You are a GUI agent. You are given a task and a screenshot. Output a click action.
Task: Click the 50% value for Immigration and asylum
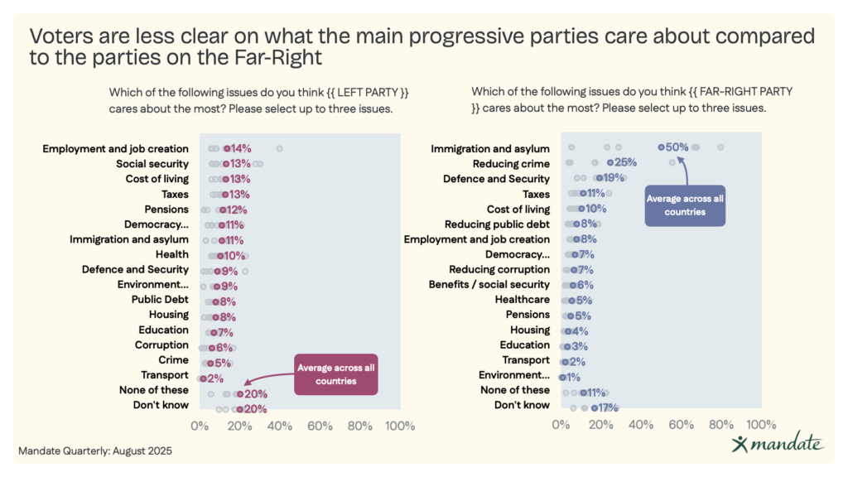click(x=677, y=148)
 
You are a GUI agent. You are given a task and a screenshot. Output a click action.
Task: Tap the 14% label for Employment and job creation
click(x=240, y=149)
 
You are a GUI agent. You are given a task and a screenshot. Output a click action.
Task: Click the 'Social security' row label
click(x=152, y=164)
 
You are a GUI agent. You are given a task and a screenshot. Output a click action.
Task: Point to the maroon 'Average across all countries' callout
click(x=336, y=374)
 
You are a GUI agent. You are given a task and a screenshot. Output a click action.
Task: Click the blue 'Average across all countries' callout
click(x=685, y=205)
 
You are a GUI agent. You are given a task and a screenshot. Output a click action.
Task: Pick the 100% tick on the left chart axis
click(x=400, y=426)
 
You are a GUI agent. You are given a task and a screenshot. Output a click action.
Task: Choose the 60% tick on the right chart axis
click(x=682, y=426)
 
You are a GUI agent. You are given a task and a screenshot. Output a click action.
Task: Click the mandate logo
click(x=778, y=444)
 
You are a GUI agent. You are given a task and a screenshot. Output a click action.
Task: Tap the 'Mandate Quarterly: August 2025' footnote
click(x=95, y=452)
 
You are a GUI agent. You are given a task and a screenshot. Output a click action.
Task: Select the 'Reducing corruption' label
click(x=499, y=269)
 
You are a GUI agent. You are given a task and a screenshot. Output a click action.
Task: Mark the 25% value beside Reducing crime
click(x=625, y=164)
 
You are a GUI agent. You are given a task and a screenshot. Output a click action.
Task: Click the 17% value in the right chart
click(x=607, y=407)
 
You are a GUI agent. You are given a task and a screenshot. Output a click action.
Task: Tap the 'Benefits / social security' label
click(x=489, y=284)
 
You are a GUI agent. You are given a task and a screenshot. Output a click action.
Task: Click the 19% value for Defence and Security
click(x=614, y=179)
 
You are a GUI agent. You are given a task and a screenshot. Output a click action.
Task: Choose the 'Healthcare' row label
click(x=523, y=300)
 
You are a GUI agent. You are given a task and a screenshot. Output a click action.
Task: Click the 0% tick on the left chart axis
click(x=200, y=426)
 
